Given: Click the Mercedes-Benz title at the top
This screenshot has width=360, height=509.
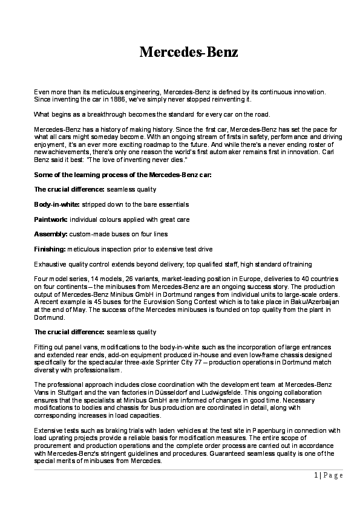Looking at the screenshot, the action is point(188,52).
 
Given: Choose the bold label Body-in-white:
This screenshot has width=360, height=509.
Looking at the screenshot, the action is point(57,204).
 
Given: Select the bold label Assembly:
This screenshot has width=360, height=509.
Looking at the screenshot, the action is point(51,233).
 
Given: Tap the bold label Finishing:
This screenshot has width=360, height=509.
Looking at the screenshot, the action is point(50,248).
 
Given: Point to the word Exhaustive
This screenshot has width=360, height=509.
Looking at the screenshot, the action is point(50,264).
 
